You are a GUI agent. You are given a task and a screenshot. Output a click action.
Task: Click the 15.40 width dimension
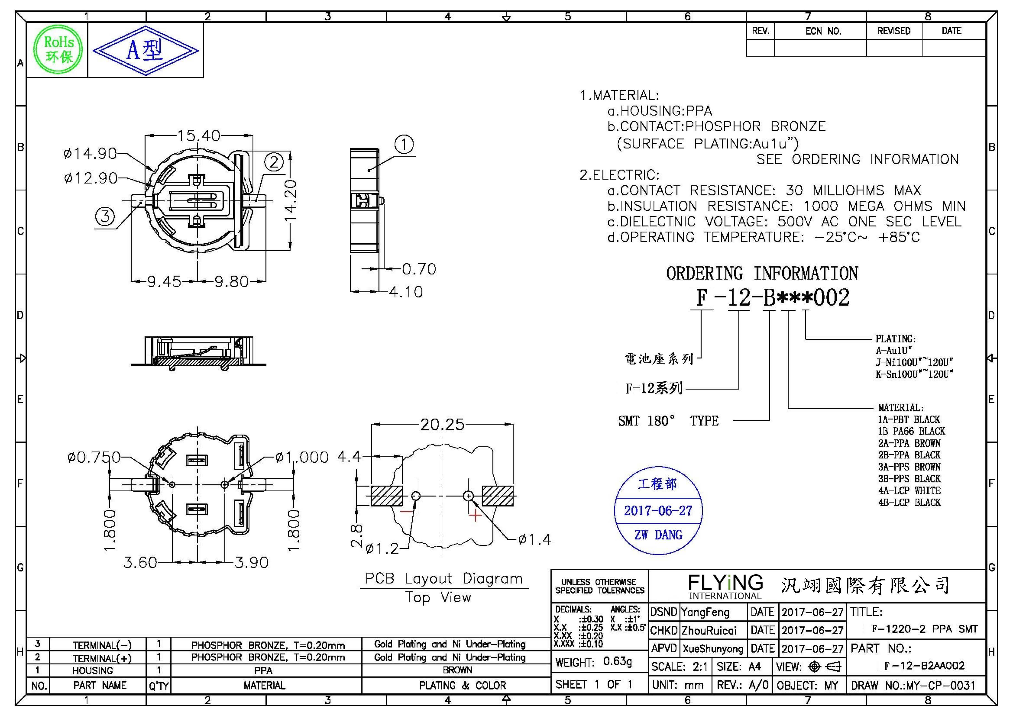(x=199, y=136)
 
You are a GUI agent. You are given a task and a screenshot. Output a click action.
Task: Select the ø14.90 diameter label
(x=90, y=153)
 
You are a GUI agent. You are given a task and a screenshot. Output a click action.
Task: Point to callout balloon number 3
(x=105, y=216)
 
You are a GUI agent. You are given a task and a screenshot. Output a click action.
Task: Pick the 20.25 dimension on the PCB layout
(x=442, y=425)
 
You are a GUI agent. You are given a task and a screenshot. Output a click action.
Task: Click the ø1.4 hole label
(x=535, y=539)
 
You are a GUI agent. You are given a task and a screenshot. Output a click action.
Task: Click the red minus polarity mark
(x=406, y=512)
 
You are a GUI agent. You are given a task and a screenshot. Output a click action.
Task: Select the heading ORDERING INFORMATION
(x=762, y=274)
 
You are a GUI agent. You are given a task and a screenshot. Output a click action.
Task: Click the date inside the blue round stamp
(x=658, y=511)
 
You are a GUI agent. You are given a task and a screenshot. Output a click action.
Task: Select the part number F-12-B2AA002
(x=924, y=666)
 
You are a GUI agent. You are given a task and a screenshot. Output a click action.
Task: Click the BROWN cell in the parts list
(x=457, y=670)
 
